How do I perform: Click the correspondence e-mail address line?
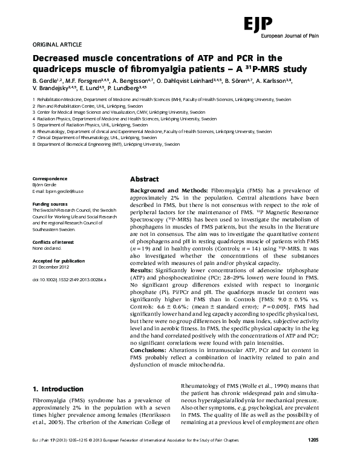(58, 191)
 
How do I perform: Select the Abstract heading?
(145, 180)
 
